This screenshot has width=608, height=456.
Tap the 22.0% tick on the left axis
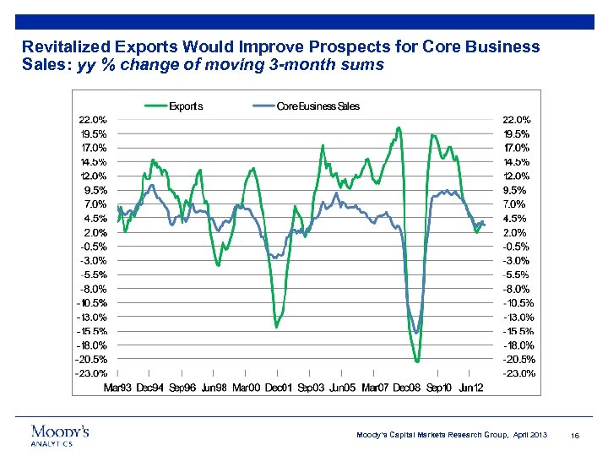pyautogui.click(x=92, y=119)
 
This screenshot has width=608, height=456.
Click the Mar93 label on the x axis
pyautogui.click(x=119, y=388)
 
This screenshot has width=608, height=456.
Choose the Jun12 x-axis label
pyautogui.click(x=470, y=388)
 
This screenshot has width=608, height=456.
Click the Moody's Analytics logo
pyautogui.click(x=59, y=434)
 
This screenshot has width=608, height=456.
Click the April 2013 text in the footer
pyautogui.click(x=529, y=435)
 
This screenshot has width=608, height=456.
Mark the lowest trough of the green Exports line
pyautogui.click(x=417, y=361)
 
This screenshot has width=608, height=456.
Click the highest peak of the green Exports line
pyautogui.click(x=399, y=128)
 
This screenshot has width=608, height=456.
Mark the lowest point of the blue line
pyautogui.click(x=416, y=332)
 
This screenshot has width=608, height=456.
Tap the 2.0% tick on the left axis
pyautogui.click(x=94, y=232)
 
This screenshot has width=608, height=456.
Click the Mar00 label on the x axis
pyautogui.click(x=246, y=388)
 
